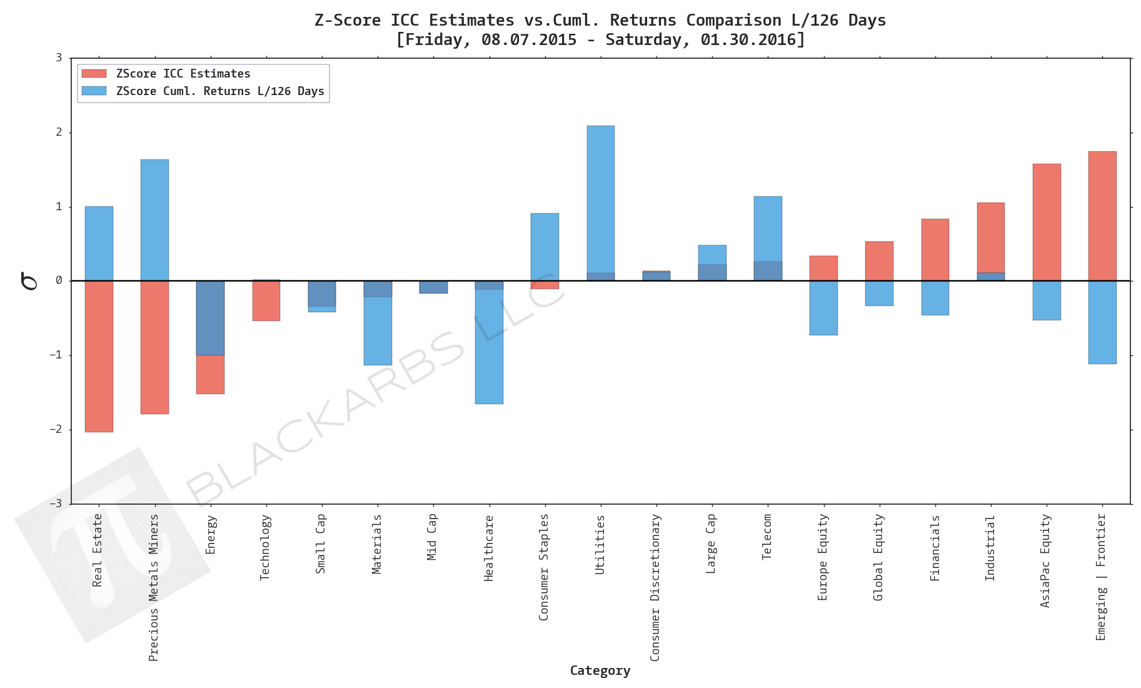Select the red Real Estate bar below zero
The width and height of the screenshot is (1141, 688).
click(x=99, y=356)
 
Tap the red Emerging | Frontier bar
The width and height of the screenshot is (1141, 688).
click(x=1102, y=216)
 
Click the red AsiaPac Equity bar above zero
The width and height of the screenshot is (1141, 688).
click(x=1046, y=222)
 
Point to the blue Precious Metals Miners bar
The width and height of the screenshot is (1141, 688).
click(x=154, y=220)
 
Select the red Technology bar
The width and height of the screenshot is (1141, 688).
click(x=266, y=301)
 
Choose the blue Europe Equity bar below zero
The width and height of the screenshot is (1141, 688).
click(x=823, y=308)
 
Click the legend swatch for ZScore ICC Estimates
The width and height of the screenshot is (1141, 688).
click(x=94, y=74)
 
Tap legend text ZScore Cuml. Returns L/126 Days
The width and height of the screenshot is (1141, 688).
click(x=220, y=91)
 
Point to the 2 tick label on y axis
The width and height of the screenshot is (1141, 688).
click(x=59, y=132)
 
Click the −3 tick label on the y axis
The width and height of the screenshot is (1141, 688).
click(x=56, y=503)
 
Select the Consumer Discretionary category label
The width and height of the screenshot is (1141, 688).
click(x=655, y=587)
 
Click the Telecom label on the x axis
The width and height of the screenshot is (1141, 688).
click(x=767, y=536)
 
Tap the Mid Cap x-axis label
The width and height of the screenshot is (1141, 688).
click(x=432, y=536)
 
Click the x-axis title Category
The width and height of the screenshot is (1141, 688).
click(x=600, y=670)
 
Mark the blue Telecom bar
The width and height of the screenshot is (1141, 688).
click(x=768, y=228)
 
